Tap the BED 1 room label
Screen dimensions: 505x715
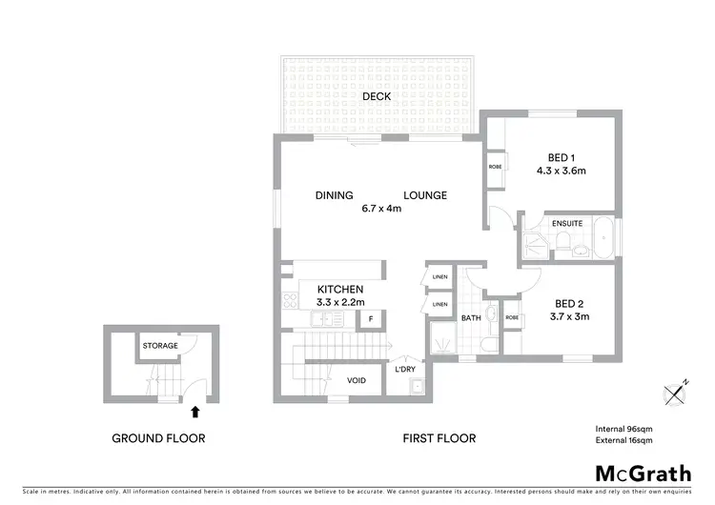tap(560, 157)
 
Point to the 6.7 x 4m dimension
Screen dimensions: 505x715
tap(380, 209)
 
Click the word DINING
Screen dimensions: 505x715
tap(335, 195)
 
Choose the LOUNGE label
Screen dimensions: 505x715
tap(424, 195)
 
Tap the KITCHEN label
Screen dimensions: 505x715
tap(340, 289)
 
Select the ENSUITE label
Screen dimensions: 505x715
tap(566, 224)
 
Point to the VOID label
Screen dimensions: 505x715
tap(356, 380)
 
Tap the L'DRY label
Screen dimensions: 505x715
tap(404, 369)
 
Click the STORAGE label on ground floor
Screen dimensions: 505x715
tap(160, 346)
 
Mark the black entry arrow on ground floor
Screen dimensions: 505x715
tap(195, 412)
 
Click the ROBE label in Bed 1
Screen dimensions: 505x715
tap(496, 167)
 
